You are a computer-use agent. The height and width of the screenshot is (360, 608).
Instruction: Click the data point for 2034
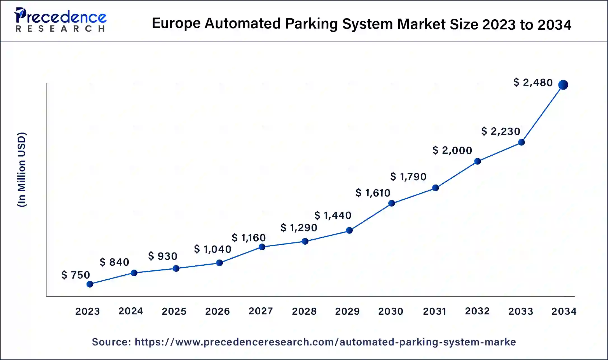(x=563, y=85)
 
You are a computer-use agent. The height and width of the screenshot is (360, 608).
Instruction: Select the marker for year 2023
(x=90, y=284)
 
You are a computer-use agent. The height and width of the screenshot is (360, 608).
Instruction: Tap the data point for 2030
(x=392, y=203)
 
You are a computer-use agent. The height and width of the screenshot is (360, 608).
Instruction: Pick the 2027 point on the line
(x=262, y=247)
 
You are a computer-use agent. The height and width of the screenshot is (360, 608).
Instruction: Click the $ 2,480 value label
(x=533, y=83)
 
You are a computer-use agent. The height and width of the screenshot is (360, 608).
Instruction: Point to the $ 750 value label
(x=76, y=275)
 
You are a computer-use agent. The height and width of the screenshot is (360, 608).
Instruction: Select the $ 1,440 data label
(x=333, y=215)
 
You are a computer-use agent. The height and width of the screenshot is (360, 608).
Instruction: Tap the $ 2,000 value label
(x=452, y=150)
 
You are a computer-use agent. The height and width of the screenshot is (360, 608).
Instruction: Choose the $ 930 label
(x=163, y=256)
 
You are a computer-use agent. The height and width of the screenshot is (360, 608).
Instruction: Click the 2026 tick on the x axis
(x=218, y=311)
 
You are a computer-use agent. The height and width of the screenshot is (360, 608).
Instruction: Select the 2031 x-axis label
(x=434, y=311)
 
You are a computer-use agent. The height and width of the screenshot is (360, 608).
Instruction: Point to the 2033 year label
(x=521, y=311)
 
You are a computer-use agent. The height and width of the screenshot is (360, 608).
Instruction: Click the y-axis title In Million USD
(x=22, y=169)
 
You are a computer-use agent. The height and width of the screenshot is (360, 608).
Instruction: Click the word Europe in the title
(x=176, y=24)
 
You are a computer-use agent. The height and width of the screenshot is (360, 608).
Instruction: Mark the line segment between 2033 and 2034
(x=542, y=113)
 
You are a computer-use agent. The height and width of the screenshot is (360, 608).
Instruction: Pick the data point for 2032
(x=478, y=161)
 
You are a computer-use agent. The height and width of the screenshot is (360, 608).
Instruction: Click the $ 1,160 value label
(x=249, y=238)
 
